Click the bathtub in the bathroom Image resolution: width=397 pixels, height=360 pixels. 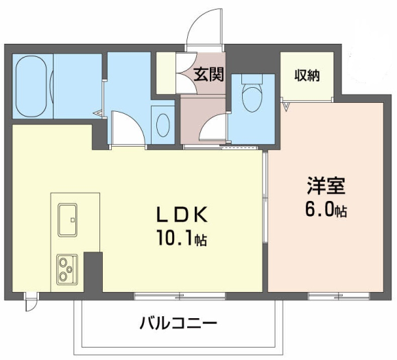(31, 86)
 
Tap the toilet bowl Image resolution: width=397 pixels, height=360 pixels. (252, 99)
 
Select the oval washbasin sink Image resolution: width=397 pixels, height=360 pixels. (163, 125)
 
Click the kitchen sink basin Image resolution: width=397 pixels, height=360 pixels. (67, 219)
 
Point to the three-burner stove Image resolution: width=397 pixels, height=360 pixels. (67, 269)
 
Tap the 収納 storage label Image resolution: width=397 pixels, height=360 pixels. (307, 75)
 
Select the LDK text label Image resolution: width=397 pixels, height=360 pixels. (182, 214)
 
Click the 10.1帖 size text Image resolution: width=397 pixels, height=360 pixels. (182, 238)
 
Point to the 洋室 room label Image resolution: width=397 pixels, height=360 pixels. (326, 186)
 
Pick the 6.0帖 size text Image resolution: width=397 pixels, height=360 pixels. (326, 210)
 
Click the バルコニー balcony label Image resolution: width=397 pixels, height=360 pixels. (178, 323)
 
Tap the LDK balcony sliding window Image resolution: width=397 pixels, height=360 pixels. (180, 296)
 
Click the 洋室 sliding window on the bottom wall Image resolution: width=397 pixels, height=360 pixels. (339, 296)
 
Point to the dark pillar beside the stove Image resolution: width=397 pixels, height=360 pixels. (93, 272)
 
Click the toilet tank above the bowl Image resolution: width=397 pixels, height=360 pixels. (252, 79)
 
